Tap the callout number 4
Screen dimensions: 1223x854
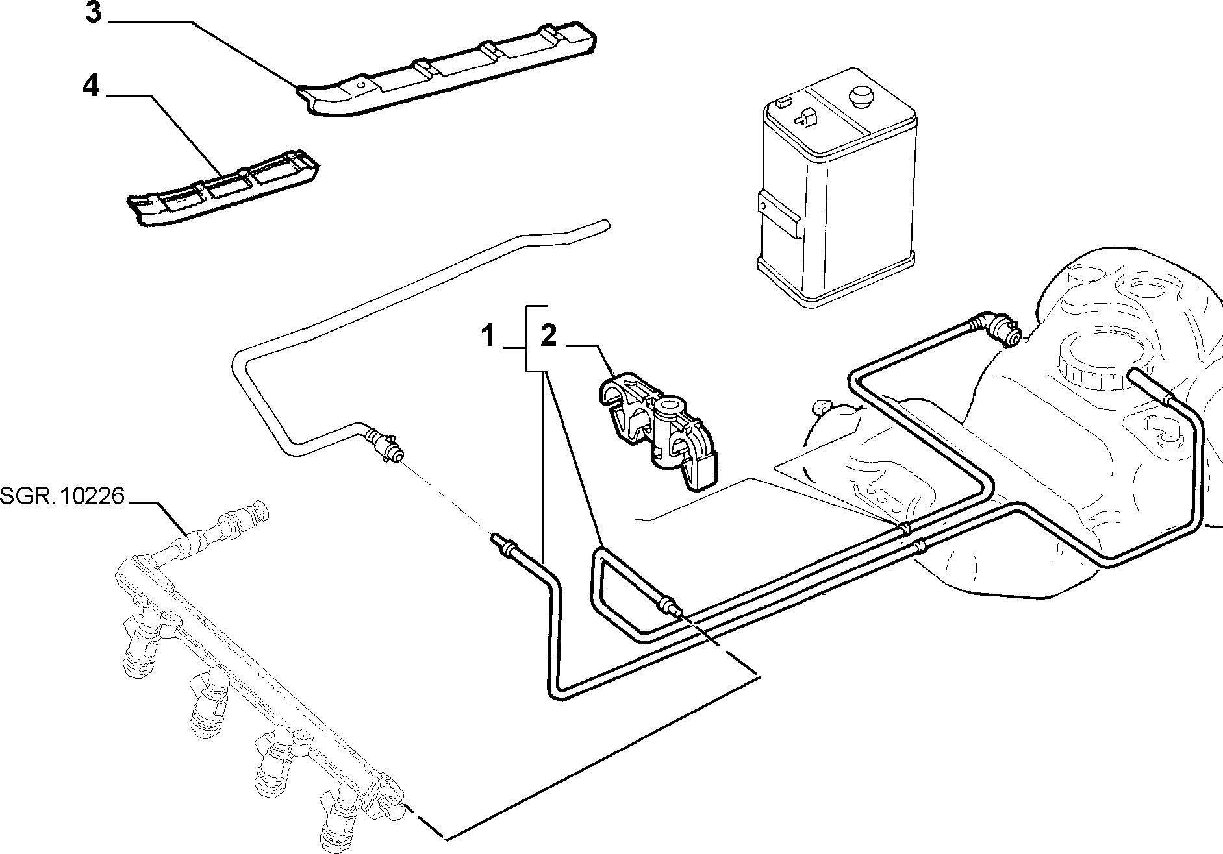tap(92, 86)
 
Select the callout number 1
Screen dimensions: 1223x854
tap(488, 337)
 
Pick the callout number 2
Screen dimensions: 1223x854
tap(549, 337)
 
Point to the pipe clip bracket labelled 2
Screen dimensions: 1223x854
tap(657, 428)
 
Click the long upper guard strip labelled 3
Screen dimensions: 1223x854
tap(448, 72)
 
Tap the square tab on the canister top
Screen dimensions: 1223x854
tap(806, 118)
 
